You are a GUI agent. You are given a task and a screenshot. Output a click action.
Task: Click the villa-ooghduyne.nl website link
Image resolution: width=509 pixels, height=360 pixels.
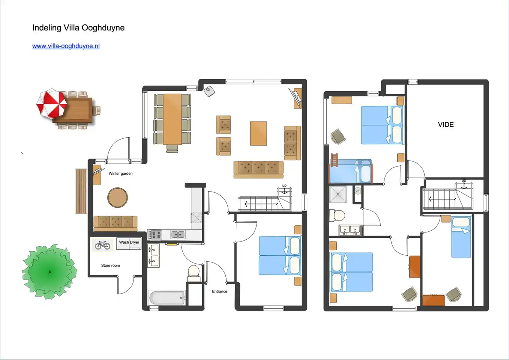(66, 46)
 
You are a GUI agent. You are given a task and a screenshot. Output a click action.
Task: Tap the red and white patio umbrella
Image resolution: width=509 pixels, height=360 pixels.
(52, 104)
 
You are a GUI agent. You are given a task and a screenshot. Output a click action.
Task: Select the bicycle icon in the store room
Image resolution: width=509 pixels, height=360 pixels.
(102, 245)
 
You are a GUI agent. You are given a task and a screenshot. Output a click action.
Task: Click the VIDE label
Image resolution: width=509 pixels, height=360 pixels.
(446, 124)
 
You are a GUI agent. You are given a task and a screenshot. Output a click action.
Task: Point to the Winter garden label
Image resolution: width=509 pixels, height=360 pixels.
(120, 174)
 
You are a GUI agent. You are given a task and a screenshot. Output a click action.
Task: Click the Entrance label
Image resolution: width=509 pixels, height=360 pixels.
(219, 291)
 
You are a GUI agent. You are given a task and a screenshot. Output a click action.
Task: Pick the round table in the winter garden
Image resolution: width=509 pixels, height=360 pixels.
(117, 198)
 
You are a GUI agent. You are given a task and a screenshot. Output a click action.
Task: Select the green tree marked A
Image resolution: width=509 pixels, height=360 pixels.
(50, 272)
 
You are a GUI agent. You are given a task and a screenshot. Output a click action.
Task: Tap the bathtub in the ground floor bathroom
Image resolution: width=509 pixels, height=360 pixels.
(167, 297)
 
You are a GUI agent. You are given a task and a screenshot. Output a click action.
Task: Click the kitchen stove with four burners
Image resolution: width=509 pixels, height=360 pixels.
(155, 235)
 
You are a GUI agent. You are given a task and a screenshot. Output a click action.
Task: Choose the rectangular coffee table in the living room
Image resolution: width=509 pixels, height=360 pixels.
(258, 133)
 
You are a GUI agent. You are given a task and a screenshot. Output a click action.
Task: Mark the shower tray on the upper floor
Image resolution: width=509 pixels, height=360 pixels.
(338, 194)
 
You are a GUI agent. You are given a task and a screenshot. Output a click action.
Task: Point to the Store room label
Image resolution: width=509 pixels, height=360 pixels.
(110, 265)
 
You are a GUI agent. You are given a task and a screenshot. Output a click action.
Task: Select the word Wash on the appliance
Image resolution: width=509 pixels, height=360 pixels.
(124, 242)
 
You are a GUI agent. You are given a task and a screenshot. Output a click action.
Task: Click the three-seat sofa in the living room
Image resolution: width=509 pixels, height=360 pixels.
(258, 169)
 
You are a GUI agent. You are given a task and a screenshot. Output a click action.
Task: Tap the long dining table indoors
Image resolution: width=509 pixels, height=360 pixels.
(172, 119)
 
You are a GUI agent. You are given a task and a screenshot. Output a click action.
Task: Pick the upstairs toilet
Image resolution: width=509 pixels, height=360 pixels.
(337, 215)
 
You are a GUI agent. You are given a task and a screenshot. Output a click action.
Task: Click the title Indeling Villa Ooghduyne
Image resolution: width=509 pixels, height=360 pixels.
(78, 28)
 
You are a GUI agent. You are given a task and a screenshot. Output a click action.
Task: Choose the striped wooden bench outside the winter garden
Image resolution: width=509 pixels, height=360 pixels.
(81, 191)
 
